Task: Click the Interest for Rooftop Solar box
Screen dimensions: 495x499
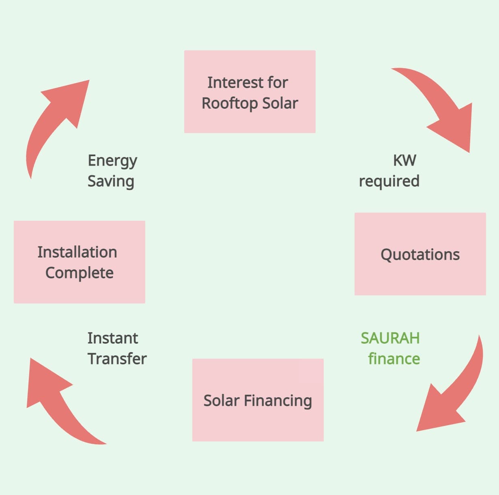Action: [x=249, y=92]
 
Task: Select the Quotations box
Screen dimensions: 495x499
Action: [x=420, y=254]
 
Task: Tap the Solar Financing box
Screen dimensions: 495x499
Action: [x=258, y=400]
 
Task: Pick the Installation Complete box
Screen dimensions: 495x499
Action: [x=79, y=262]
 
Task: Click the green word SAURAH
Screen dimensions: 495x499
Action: [x=390, y=338]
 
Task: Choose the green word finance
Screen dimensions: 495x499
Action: [x=394, y=359]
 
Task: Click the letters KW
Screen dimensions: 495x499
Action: [x=404, y=160]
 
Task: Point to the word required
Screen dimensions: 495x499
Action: [x=389, y=181]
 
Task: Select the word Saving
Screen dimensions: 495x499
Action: [x=111, y=181]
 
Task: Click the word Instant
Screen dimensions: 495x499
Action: [x=112, y=338]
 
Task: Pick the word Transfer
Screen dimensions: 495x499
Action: [x=117, y=359]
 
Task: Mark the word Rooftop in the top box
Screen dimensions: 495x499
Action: [x=230, y=103]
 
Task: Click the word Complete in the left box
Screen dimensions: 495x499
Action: [x=79, y=273]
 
